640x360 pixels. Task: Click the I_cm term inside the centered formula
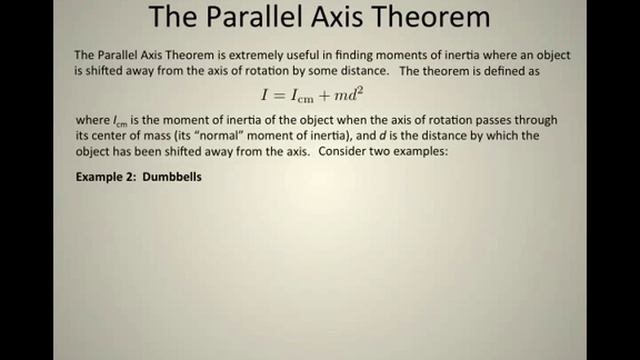pyautogui.click(x=308, y=97)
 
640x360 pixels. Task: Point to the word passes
pyautogui.click(x=499, y=120)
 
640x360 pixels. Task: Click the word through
pyautogui.click(x=544, y=120)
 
